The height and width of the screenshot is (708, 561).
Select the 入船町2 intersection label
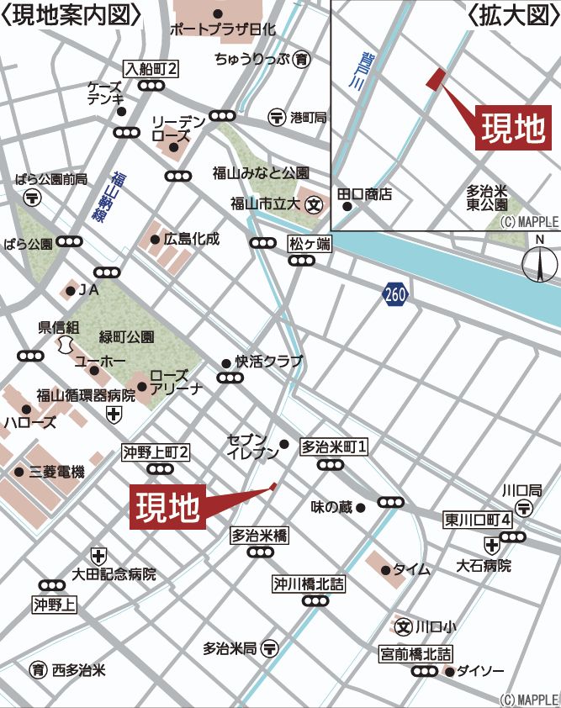click(151, 68)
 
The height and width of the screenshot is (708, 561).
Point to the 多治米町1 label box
click(335, 446)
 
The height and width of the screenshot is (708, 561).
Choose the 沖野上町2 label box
click(156, 452)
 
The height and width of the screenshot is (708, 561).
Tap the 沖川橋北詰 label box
click(308, 583)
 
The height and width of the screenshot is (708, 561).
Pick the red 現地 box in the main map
click(168, 507)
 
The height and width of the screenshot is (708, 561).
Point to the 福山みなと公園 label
click(261, 173)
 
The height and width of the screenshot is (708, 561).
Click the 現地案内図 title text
click(71, 16)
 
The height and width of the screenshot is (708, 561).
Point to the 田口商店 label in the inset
click(365, 195)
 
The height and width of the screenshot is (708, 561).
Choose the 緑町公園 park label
click(126, 336)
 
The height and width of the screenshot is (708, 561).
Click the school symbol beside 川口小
click(405, 626)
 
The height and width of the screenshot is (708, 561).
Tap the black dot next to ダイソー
click(450, 671)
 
